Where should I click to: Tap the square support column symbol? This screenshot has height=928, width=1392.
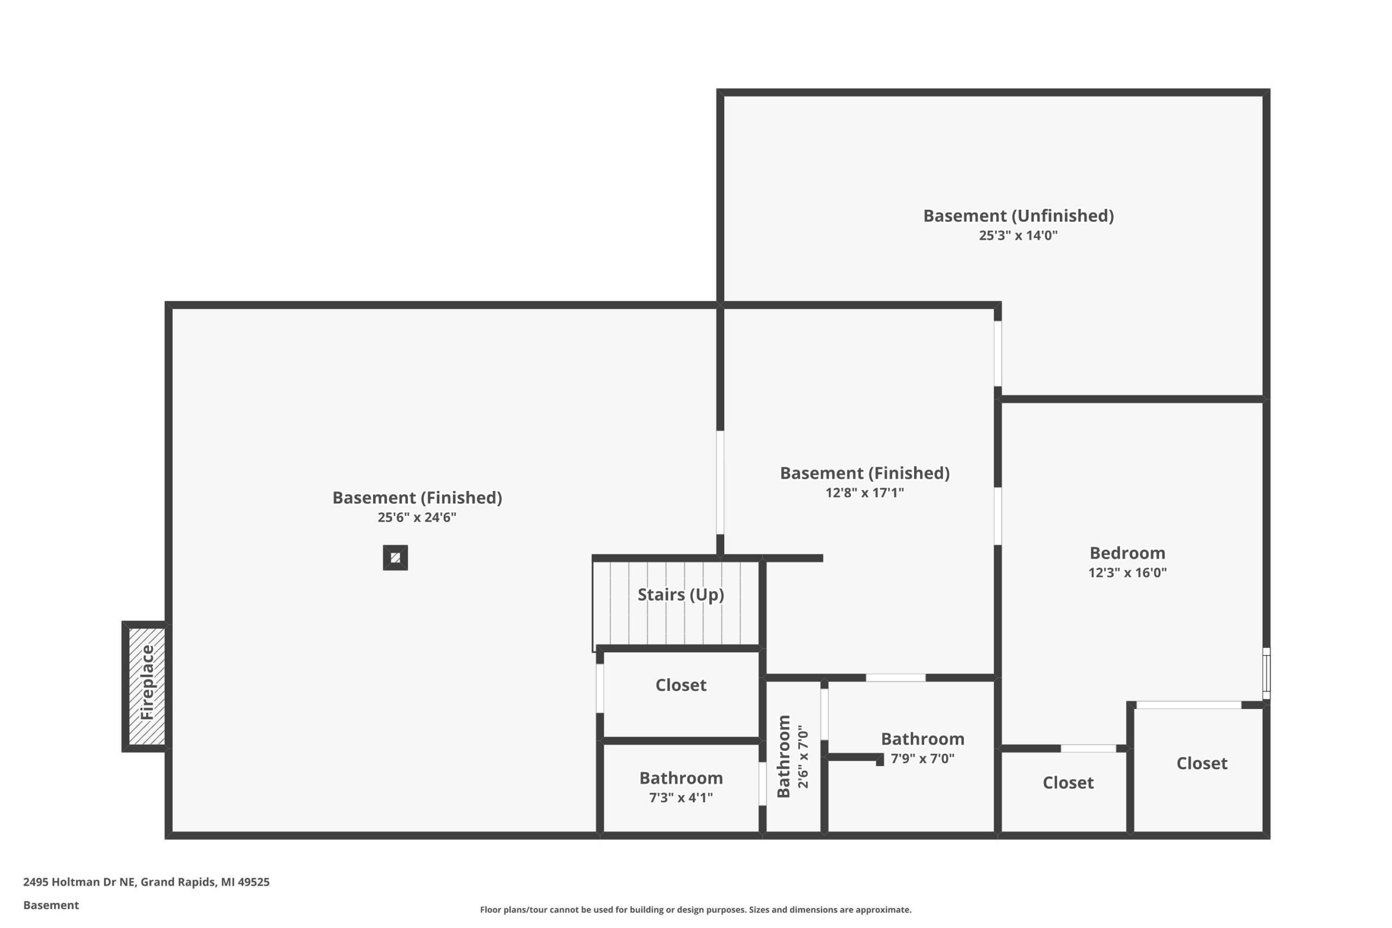pos(395,558)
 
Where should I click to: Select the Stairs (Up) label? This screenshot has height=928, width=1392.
pos(681,595)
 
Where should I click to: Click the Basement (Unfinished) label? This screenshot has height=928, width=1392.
pos(1018,216)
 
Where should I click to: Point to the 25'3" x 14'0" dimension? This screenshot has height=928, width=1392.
pos(1018,235)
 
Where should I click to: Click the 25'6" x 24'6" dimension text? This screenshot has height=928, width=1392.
pos(417,517)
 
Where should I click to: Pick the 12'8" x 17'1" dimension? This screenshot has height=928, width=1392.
pos(865,493)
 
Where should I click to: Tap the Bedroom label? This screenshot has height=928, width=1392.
pos(1127,553)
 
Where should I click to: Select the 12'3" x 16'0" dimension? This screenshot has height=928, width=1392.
pos(1127,572)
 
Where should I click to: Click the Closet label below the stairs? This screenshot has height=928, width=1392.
pos(681,686)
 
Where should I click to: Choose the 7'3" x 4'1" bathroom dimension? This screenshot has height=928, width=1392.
pos(681,797)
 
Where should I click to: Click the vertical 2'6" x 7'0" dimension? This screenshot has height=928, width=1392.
pos(803,757)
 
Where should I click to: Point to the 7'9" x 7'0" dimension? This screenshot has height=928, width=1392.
pos(923,758)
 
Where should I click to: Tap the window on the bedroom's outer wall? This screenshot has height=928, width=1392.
pos(1266,674)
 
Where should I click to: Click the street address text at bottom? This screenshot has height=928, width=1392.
pos(146,882)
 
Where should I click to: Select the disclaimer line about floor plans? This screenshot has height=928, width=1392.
pos(695,910)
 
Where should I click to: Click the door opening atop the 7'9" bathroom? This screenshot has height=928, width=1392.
pos(896,678)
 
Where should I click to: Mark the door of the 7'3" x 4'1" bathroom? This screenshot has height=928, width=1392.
pos(762,783)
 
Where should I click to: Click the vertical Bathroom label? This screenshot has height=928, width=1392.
pos(784,756)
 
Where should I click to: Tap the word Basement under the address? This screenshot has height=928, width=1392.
pos(51,905)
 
